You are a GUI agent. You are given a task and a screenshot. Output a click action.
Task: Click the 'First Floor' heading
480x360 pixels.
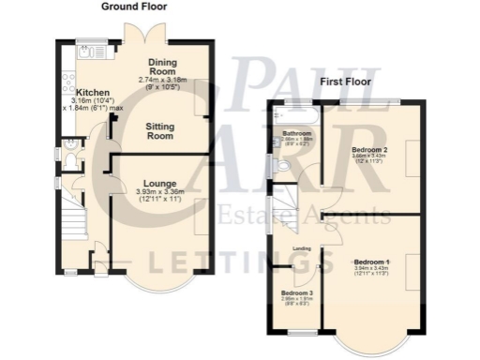pyautogui.click(x=346, y=82)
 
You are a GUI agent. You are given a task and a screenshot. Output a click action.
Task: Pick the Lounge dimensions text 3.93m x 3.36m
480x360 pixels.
pyautogui.click(x=155, y=192)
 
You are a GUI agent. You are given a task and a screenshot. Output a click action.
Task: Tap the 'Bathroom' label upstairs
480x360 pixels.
pyautogui.click(x=296, y=134)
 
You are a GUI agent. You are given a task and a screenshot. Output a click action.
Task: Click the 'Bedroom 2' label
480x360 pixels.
pyautogui.click(x=369, y=149)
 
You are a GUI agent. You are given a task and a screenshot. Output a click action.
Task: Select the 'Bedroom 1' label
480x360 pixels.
pyautogui.click(x=371, y=262)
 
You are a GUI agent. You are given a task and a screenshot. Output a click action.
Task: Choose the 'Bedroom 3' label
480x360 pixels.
pyautogui.click(x=297, y=292)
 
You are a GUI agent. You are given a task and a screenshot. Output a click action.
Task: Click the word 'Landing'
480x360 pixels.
pyautogui.click(x=302, y=248)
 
